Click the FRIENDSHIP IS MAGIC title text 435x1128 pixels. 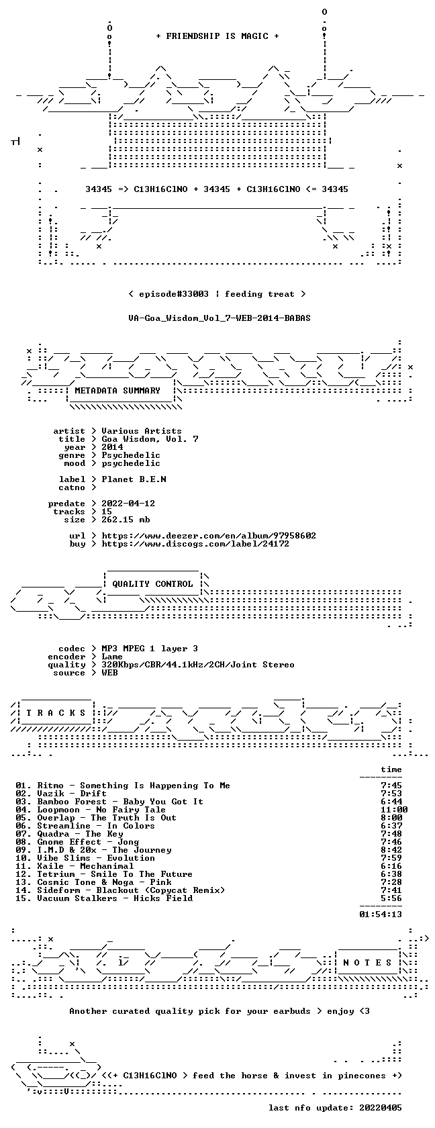point(217,36)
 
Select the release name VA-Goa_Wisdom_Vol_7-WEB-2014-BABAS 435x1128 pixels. point(220,318)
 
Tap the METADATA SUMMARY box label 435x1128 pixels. point(117,391)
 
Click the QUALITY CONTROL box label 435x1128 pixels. point(152,584)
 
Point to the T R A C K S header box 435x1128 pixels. point(55,713)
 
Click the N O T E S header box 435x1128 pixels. point(367,963)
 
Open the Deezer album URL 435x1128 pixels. point(209,536)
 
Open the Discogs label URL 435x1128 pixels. point(195,544)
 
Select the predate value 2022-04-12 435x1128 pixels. point(128,504)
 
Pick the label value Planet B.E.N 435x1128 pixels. point(134,479)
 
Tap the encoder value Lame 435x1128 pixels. point(112,657)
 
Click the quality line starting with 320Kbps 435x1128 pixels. point(198,665)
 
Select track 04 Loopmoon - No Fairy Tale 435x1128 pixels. point(91,810)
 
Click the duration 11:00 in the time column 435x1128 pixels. point(393,810)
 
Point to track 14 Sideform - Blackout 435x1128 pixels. point(120,890)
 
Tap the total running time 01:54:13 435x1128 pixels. point(381,914)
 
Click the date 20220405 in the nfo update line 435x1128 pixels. point(381,1108)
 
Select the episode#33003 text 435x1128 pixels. point(174,294)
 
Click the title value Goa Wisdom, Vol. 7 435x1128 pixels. point(150,439)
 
